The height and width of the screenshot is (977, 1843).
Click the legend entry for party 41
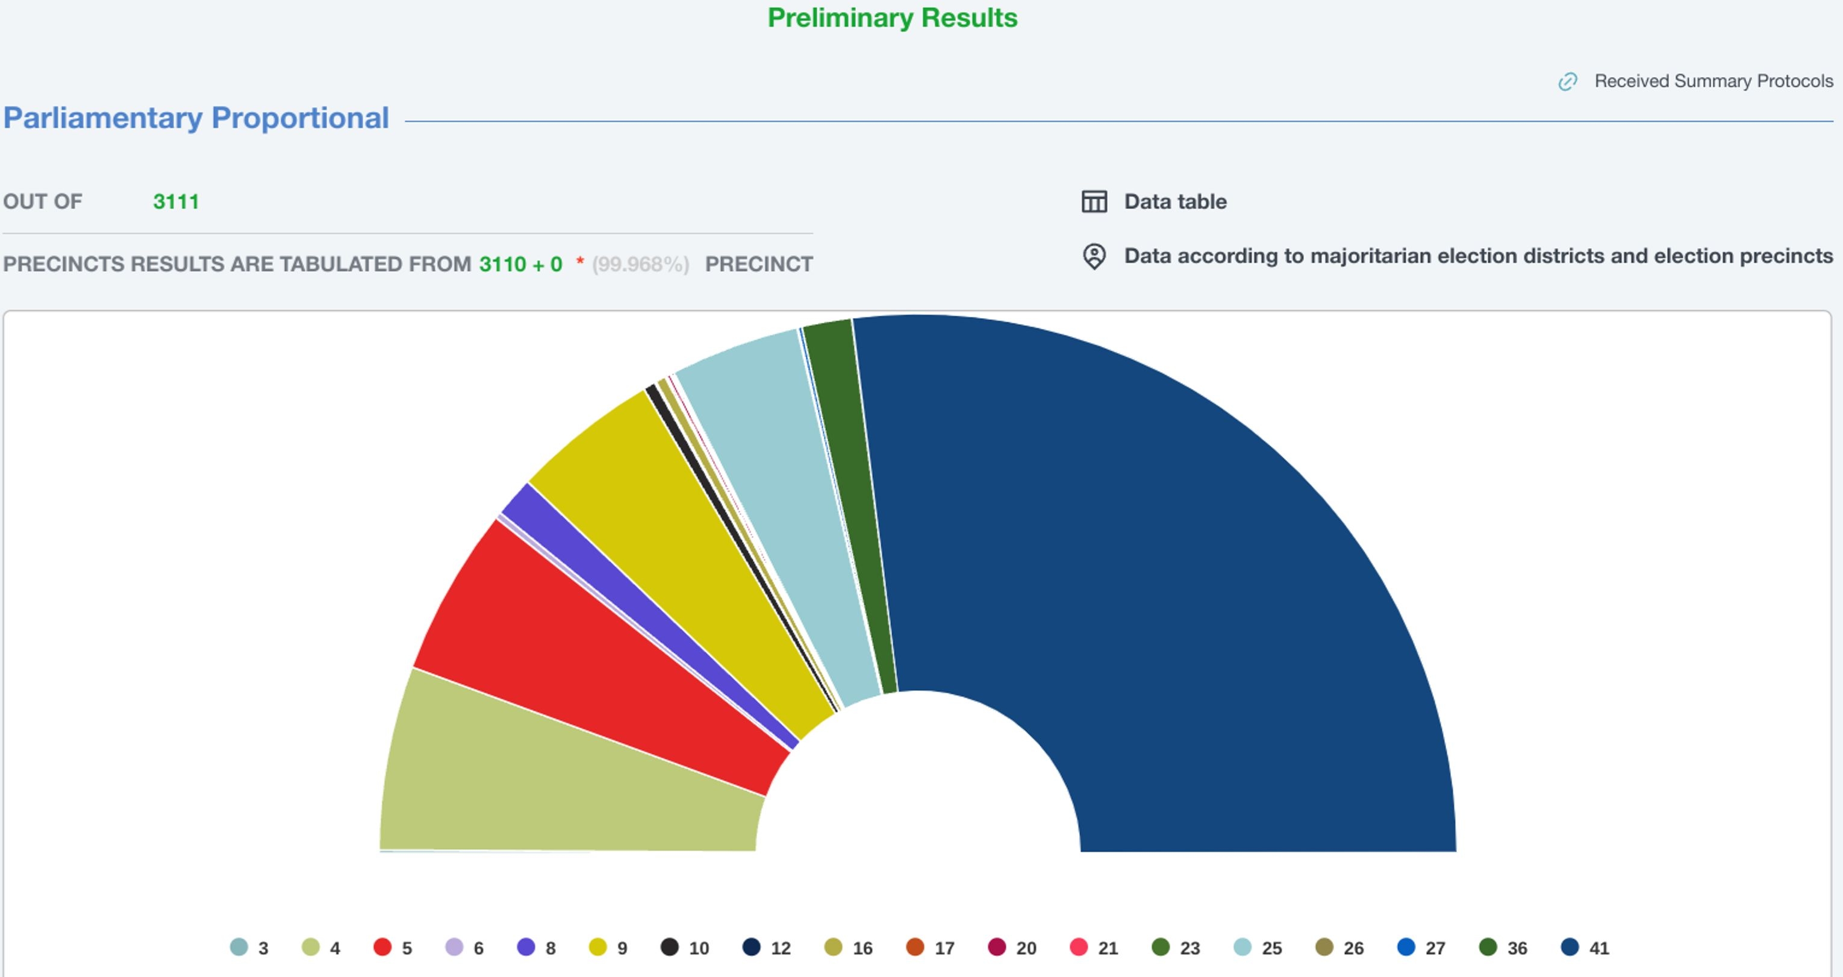[x=1585, y=947]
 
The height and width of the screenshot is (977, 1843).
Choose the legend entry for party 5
[x=393, y=947]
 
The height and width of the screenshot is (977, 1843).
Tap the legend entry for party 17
[x=930, y=947]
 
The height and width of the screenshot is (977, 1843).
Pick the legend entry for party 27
[x=1421, y=947]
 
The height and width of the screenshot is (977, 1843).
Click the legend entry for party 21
[x=1094, y=947]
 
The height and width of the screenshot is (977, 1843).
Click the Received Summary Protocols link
[x=1713, y=81]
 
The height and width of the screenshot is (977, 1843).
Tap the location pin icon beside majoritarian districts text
[x=1094, y=256]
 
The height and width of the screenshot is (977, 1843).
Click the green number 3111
[x=176, y=202]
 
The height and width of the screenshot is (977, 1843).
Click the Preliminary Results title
[x=892, y=18]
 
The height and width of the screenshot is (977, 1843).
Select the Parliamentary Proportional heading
[x=196, y=118]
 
